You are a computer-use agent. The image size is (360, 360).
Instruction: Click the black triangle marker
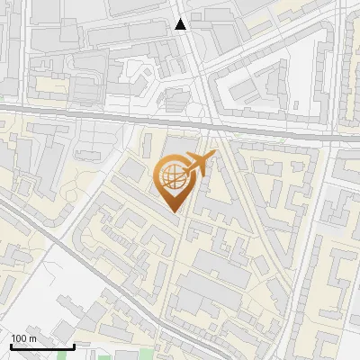(181, 24)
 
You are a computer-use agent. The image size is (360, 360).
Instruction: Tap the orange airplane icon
(199, 165)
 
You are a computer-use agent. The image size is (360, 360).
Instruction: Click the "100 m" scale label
(24, 338)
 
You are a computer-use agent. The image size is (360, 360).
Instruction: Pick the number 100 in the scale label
(20, 338)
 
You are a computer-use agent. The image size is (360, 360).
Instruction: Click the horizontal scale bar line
(42, 346)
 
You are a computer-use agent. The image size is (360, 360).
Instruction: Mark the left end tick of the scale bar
(11, 345)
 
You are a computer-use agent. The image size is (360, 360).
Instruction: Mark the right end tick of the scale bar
(74, 345)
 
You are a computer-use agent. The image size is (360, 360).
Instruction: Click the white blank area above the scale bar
(36, 297)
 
